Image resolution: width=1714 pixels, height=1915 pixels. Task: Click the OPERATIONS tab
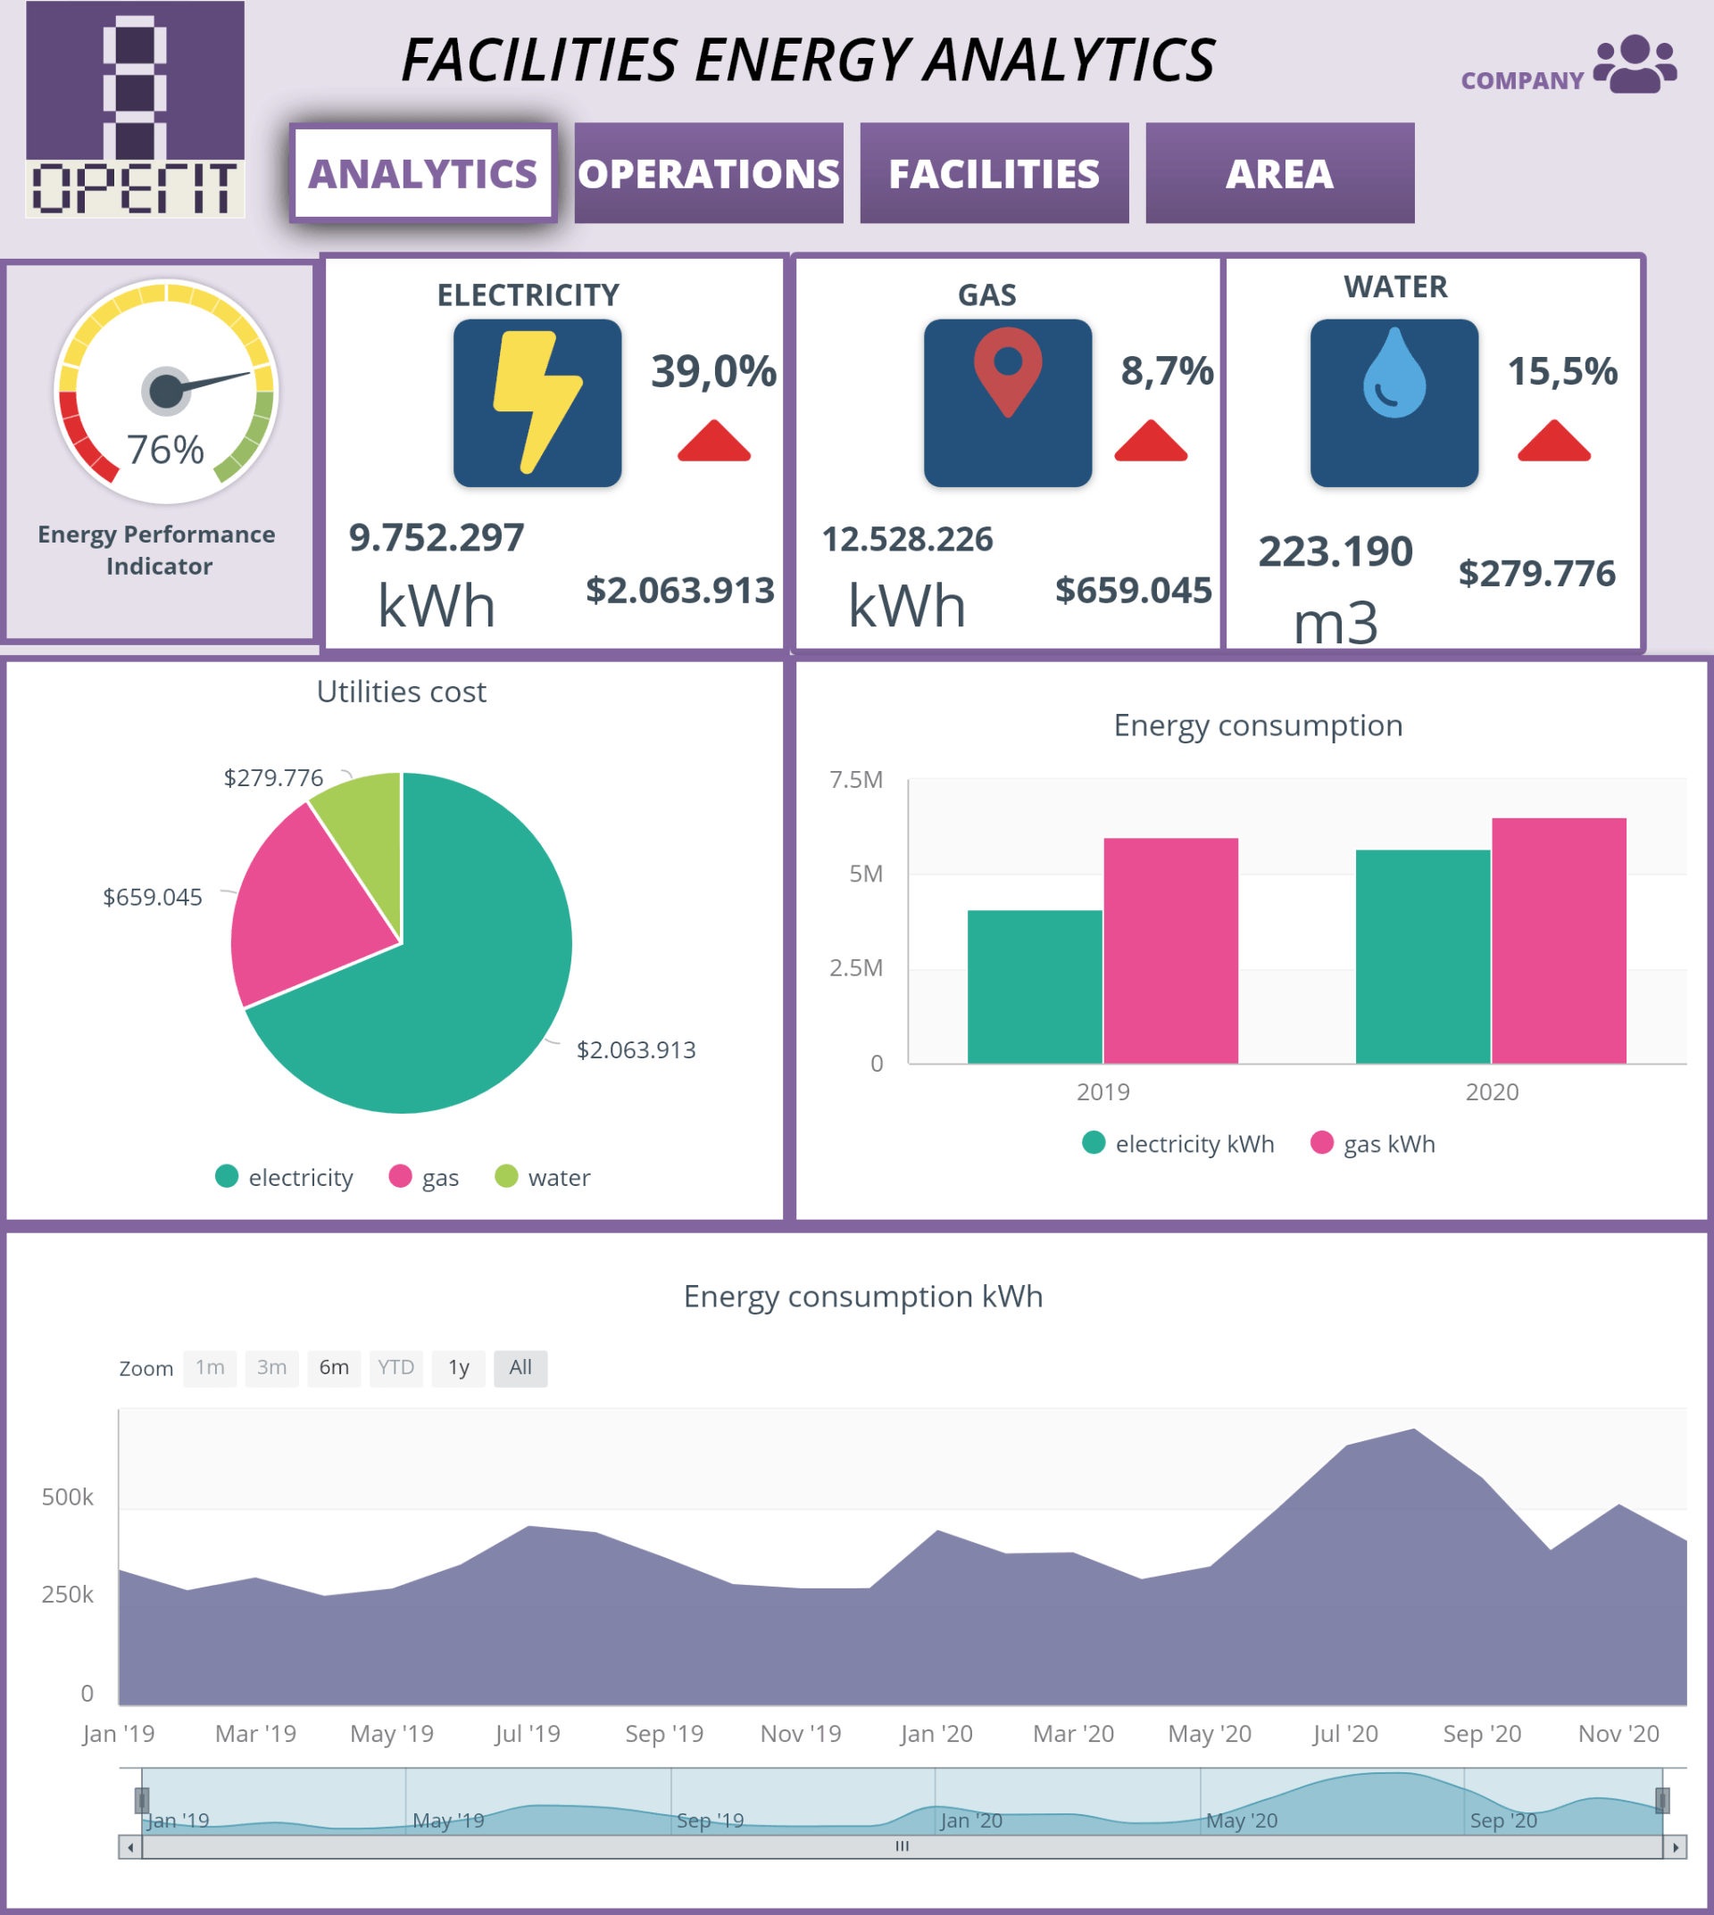[708, 173]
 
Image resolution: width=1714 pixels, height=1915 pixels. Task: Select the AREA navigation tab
[1279, 173]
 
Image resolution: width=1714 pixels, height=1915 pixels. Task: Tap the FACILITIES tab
[994, 173]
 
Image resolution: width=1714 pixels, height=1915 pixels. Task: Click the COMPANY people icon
[1635, 64]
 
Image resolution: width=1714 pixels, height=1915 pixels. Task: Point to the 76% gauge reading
[166, 450]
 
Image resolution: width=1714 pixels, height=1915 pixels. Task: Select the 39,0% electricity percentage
[713, 371]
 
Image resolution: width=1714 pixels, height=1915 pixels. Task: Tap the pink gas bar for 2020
[1559, 941]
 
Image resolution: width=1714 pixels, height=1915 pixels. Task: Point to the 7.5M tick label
[855, 780]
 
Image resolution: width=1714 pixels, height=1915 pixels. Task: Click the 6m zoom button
[333, 1367]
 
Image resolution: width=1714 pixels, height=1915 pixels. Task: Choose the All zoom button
[520, 1367]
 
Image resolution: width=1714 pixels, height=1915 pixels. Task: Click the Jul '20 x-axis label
[1344, 1733]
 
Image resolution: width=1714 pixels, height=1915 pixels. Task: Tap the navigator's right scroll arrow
[1676, 1847]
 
